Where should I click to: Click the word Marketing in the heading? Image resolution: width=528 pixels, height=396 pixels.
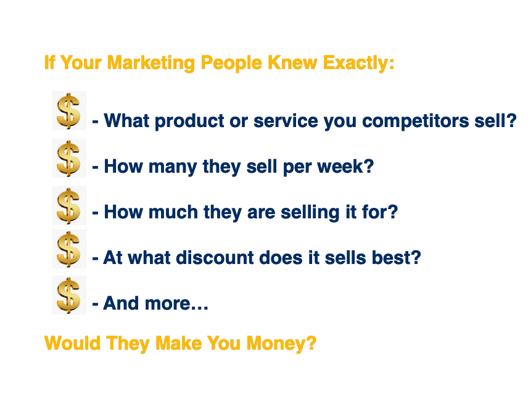pos(151,63)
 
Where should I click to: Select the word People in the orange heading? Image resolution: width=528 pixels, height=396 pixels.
pos(231,63)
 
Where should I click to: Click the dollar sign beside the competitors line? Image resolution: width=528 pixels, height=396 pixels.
pos(68,111)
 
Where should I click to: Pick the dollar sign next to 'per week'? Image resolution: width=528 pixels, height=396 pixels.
pos(68,159)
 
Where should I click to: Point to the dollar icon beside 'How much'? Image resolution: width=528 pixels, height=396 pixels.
pos(68,206)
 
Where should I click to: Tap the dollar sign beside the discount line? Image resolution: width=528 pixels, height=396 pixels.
pos(68,249)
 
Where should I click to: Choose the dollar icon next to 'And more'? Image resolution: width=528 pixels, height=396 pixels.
pos(68,295)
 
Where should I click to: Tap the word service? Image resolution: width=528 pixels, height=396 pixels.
pos(286,120)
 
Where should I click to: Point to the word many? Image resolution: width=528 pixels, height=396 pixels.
pos(173,167)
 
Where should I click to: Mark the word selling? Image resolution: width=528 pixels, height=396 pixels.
pos(310,213)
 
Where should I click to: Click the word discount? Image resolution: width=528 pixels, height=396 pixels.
pos(215,258)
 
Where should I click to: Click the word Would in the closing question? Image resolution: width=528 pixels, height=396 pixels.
pos(72,343)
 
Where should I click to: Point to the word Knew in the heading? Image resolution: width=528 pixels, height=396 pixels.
pos(292,63)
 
